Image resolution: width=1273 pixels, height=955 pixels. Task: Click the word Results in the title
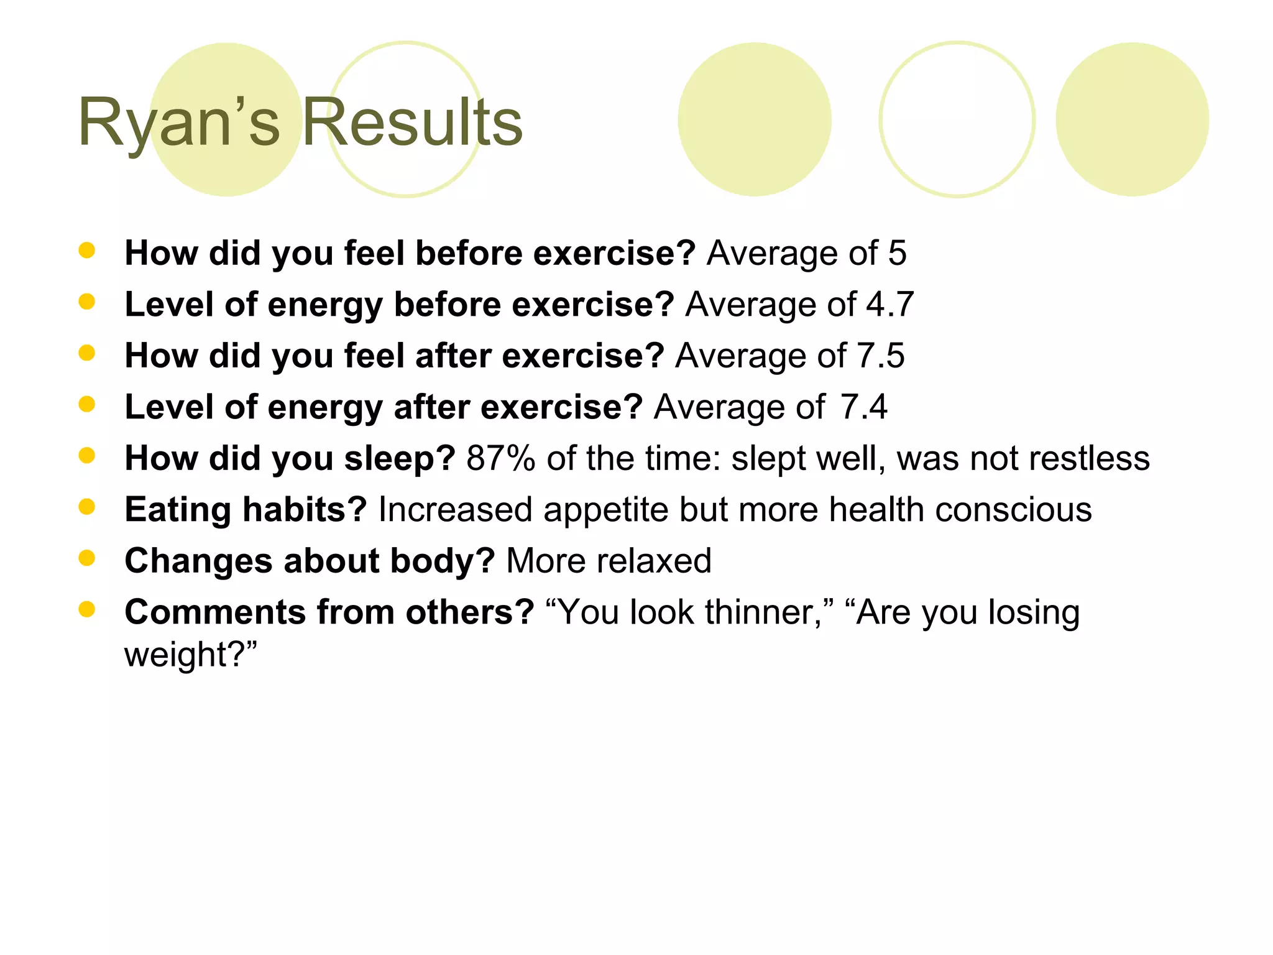(412, 122)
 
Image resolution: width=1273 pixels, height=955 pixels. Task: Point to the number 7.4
(863, 407)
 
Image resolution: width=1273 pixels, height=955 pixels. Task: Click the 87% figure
(500, 459)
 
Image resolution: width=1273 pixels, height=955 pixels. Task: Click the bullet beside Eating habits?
(87, 507)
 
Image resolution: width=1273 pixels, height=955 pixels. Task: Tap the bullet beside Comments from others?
(87, 609)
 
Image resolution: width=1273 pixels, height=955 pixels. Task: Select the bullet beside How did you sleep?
(87, 456)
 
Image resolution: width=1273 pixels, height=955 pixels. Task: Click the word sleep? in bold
(400, 459)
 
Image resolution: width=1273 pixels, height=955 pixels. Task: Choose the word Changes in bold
(198, 561)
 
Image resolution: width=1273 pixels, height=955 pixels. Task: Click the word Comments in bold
(215, 612)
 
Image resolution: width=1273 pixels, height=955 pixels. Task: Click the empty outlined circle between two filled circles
(957, 119)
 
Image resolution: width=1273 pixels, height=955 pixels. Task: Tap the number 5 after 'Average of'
(897, 254)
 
